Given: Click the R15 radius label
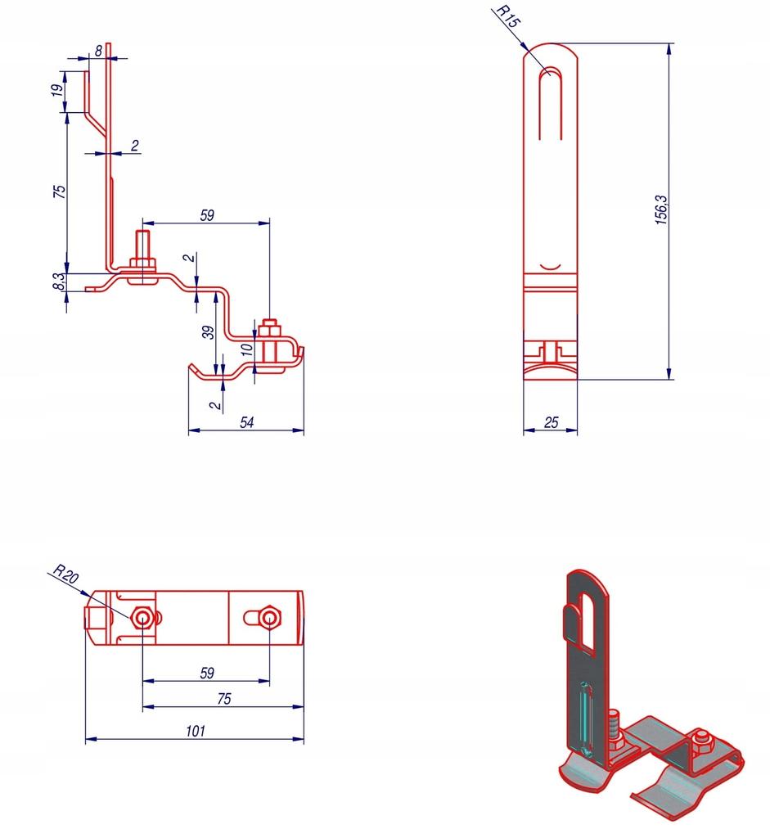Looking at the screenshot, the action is pyautogui.click(x=507, y=16).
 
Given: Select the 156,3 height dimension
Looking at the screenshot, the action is pyautogui.click(x=661, y=209).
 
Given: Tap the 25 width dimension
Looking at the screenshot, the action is pyautogui.click(x=551, y=423).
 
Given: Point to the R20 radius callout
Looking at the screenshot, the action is pyautogui.click(x=66, y=574).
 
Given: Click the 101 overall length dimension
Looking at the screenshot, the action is pyautogui.click(x=196, y=731).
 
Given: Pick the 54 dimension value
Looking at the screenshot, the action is pyautogui.click(x=246, y=422).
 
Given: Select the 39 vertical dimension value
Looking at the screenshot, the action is pyautogui.click(x=209, y=332).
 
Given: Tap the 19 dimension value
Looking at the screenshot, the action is pyautogui.click(x=57, y=90).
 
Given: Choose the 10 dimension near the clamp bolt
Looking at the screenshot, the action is pyautogui.click(x=246, y=349).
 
